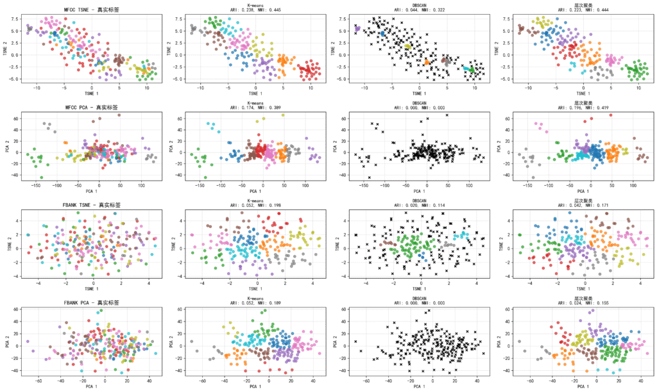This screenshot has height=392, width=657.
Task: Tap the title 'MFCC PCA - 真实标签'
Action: [x=92, y=108]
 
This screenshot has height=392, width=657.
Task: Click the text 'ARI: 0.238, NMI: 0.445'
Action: [x=256, y=10]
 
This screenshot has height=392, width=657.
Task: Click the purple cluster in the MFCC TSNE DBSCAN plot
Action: [x=357, y=29]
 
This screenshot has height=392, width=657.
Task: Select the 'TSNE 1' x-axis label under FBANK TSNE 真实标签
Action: [x=92, y=289]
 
